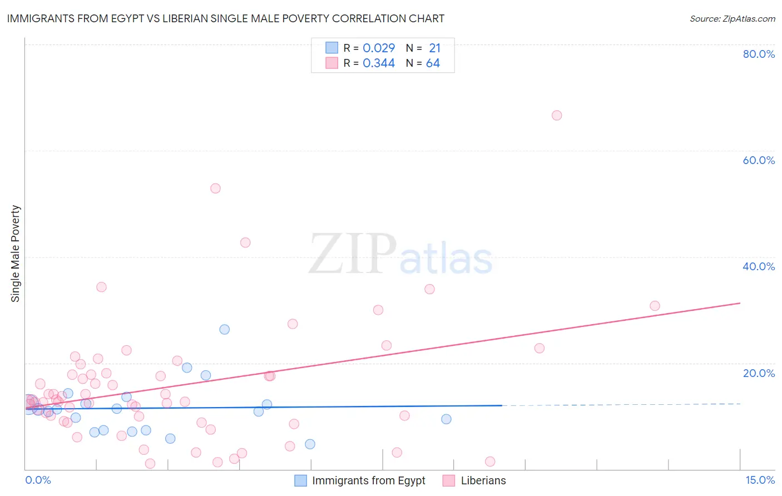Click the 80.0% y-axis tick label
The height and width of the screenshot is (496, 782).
click(x=759, y=54)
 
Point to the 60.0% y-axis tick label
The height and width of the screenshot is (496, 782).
click(x=759, y=160)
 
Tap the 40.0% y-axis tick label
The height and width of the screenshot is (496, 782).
click(x=759, y=266)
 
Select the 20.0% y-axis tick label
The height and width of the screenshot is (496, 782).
click(x=759, y=373)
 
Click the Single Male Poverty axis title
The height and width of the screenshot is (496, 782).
click(x=16, y=254)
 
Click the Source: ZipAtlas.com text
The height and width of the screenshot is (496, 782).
click(x=732, y=18)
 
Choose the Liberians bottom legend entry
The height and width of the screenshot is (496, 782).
click(x=483, y=480)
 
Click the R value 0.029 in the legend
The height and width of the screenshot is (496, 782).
click(x=379, y=48)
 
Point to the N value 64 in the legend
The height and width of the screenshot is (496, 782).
click(x=433, y=63)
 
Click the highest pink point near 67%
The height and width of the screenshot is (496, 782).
click(x=557, y=116)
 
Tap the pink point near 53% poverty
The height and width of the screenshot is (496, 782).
click(x=215, y=189)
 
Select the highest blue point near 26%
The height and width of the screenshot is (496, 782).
click(x=224, y=329)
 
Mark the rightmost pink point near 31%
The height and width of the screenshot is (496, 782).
click(x=655, y=306)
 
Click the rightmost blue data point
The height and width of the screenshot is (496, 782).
click(x=446, y=419)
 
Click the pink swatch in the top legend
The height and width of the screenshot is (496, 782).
click(x=332, y=63)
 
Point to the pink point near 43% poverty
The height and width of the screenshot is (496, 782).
click(x=245, y=242)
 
